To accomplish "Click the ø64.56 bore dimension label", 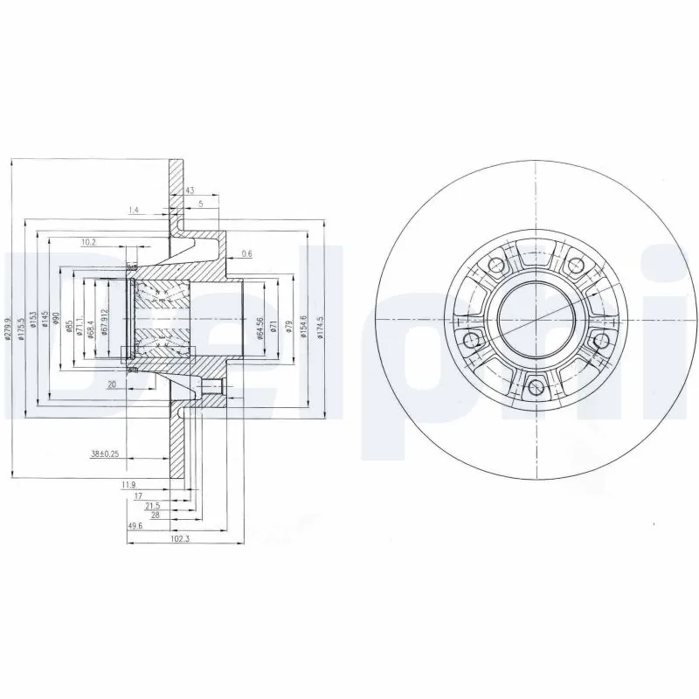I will click(261, 328).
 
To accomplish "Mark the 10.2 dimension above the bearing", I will click(88, 242).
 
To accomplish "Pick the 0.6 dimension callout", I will click(246, 253).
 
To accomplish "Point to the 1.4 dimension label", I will click(134, 211).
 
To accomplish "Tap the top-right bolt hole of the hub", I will click(575, 262).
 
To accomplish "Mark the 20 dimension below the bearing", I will click(111, 384).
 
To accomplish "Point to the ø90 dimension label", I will click(56, 321).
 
